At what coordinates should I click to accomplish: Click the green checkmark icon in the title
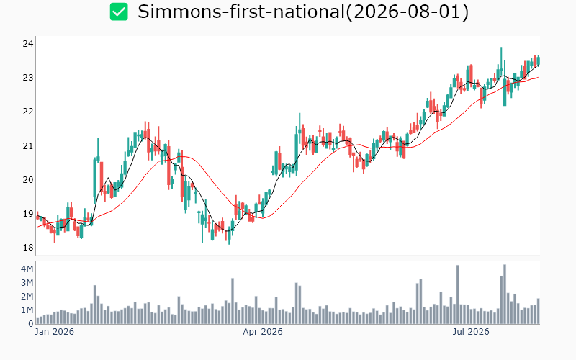[119, 12]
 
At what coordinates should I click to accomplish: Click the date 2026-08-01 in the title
[408, 12]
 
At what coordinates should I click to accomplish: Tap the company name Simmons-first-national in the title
[240, 12]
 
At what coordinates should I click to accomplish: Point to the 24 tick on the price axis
[28, 44]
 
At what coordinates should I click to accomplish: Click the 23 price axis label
[28, 78]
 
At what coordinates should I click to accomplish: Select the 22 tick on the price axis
[28, 112]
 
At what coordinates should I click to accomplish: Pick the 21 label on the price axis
[28, 146]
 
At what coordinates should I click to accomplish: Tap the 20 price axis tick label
[28, 179]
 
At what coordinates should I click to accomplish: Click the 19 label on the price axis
[28, 214]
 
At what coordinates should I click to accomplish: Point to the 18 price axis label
[28, 248]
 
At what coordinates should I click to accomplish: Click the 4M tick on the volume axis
[27, 269]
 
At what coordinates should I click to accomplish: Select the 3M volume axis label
[27, 283]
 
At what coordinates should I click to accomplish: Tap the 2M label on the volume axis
[27, 297]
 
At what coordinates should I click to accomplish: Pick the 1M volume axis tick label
[27, 310]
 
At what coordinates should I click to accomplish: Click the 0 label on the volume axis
[31, 324]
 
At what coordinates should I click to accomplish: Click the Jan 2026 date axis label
[55, 332]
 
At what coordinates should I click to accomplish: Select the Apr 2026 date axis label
[263, 332]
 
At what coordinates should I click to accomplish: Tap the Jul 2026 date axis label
[471, 332]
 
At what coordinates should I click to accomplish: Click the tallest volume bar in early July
[458, 294]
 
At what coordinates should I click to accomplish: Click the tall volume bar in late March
[233, 301]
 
